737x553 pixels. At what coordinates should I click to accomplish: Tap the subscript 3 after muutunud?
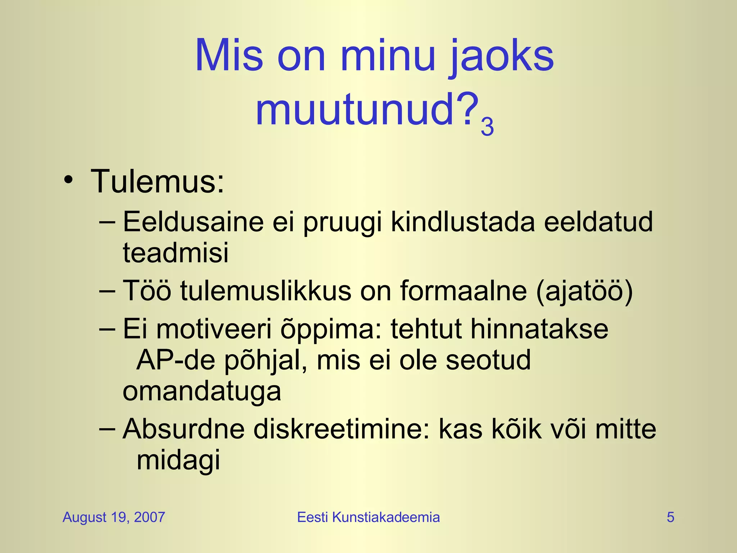[487, 127]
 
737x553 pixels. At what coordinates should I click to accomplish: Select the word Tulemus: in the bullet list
[158, 182]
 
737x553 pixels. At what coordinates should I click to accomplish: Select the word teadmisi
[176, 253]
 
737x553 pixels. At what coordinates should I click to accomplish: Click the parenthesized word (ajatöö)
[584, 291]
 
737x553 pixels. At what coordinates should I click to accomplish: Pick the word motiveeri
[214, 329]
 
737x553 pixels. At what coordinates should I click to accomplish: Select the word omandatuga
[202, 391]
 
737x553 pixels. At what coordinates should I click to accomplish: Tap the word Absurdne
[184, 429]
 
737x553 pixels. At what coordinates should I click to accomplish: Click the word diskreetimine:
[342, 429]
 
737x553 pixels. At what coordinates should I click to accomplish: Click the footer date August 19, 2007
[114, 517]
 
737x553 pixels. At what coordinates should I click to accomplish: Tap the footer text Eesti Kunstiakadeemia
[368, 517]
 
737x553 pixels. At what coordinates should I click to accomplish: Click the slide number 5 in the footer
[670, 517]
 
